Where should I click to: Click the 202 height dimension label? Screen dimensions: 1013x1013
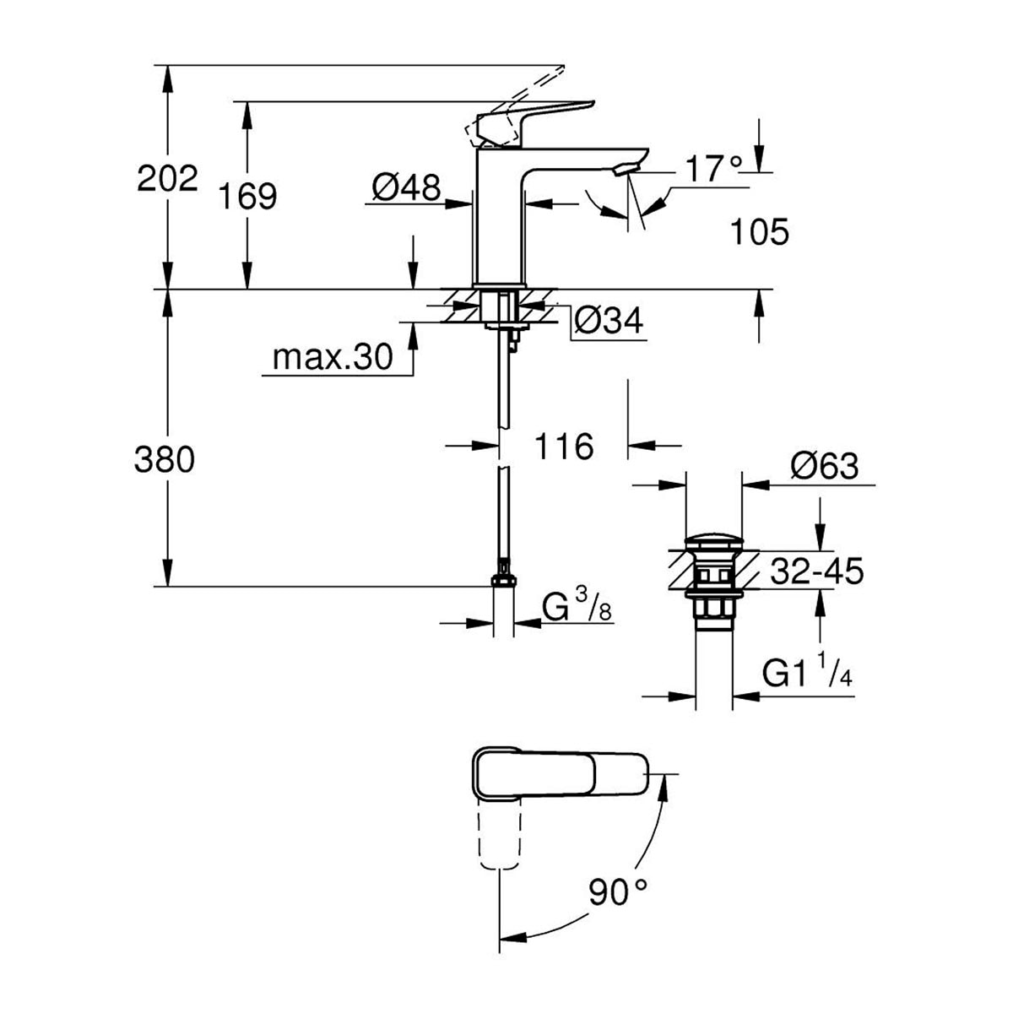167,178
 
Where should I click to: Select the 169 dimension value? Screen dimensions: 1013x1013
247,197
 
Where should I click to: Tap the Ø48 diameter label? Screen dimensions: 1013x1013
406,187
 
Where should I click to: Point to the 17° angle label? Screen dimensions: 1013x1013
714,169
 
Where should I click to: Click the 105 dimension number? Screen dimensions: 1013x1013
760,231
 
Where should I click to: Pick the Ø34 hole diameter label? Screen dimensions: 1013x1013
608,320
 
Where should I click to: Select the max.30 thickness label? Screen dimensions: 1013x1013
333,357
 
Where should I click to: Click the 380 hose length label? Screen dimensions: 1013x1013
165,459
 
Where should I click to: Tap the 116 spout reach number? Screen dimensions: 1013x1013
564,447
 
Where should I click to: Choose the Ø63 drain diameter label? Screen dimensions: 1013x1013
824,464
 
